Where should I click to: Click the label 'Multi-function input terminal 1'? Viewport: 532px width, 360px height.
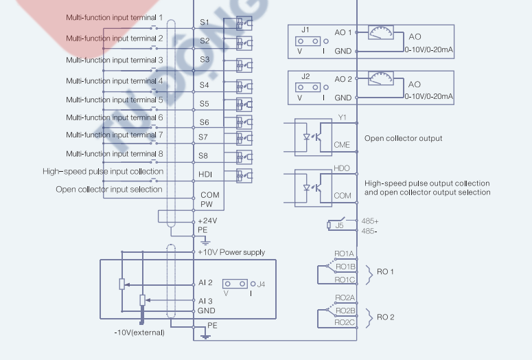(x=114, y=17)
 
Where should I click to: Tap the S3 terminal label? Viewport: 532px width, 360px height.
(x=205, y=60)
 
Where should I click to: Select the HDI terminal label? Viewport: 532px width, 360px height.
(x=205, y=175)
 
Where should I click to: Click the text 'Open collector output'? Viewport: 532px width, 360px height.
(x=404, y=138)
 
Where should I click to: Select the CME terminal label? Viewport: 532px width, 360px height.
(x=342, y=145)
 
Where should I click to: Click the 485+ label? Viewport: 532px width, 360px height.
(x=370, y=221)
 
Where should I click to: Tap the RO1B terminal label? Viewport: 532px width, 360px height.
(x=345, y=266)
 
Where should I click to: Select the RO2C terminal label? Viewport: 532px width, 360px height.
(x=345, y=322)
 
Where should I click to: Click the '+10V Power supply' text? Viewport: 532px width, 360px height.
(x=231, y=252)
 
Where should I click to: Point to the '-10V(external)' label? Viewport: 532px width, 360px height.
(x=140, y=333)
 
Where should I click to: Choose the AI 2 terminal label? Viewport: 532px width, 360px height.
(x=206, y=282)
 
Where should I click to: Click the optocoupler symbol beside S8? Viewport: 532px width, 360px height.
(x=243, y=156)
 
